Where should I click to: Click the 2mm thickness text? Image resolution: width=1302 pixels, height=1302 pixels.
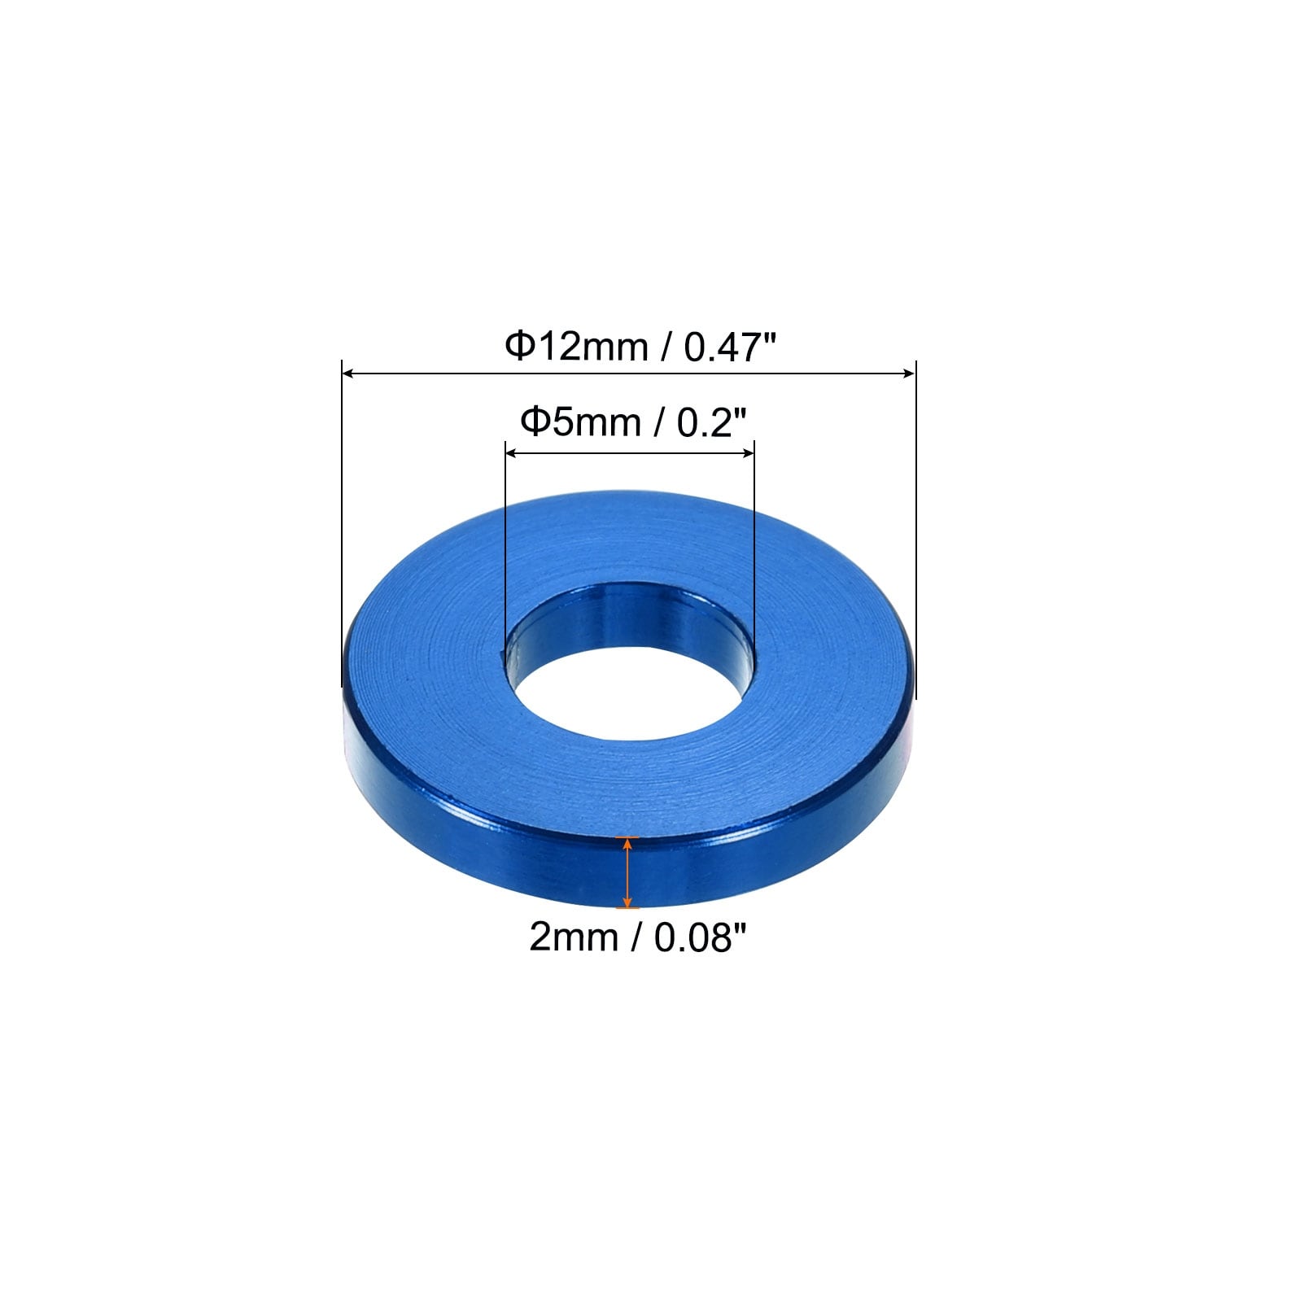[573, 937]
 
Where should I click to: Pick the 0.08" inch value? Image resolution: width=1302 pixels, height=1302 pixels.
[700, 937]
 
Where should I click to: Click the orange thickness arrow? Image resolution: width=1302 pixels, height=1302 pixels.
[627, 872]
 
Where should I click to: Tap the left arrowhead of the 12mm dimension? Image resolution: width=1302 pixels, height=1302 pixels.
[349, 374]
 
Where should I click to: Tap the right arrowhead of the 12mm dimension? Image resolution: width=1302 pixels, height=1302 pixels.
[907, 374]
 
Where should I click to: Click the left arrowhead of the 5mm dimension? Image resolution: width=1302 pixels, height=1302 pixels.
[513, 454]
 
